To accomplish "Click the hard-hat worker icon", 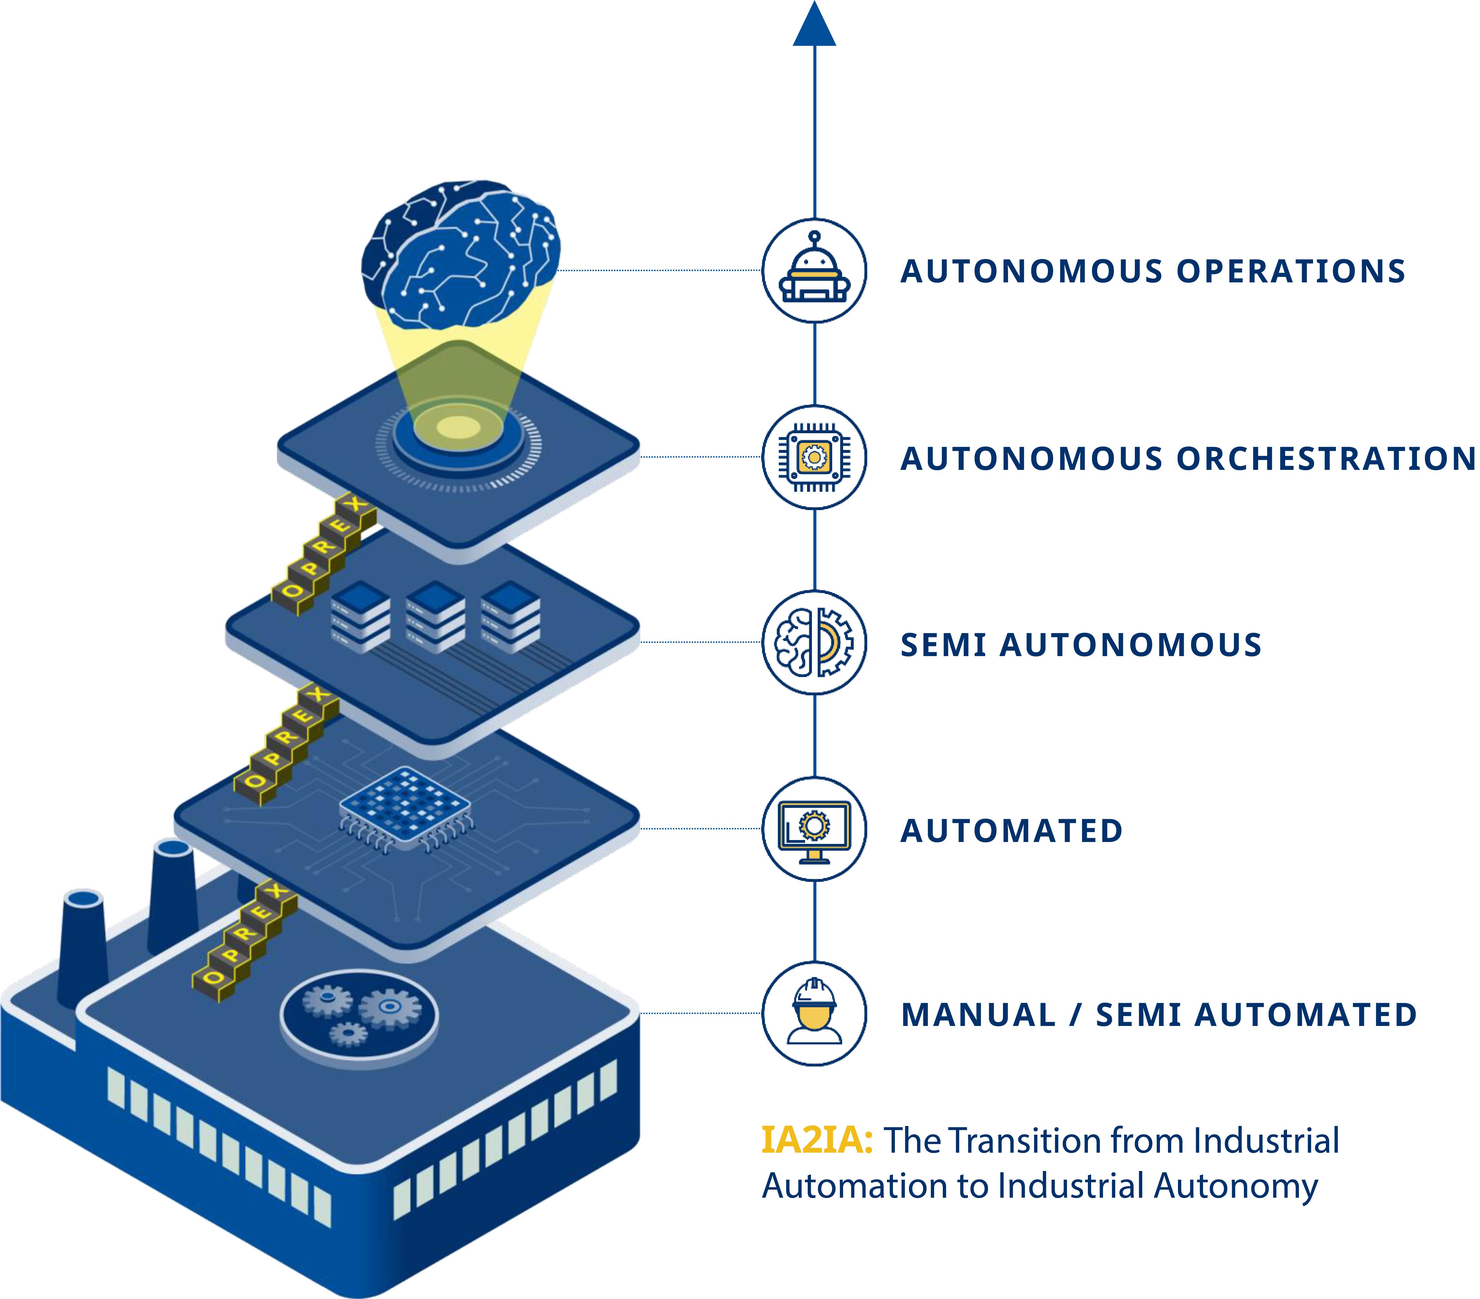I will tap(814, 1014).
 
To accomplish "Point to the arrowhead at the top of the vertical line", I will tap(814, 25).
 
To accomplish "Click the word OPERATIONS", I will tap(1290, 271).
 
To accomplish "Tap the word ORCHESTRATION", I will tap(1325, 458).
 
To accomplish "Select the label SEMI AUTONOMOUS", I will tap(1080, 645).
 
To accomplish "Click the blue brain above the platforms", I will tap(461, 253).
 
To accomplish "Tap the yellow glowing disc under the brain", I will tap(458, 427).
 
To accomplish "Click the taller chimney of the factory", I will tap(172, 898).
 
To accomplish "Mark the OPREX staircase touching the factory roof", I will tap(245, 941).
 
